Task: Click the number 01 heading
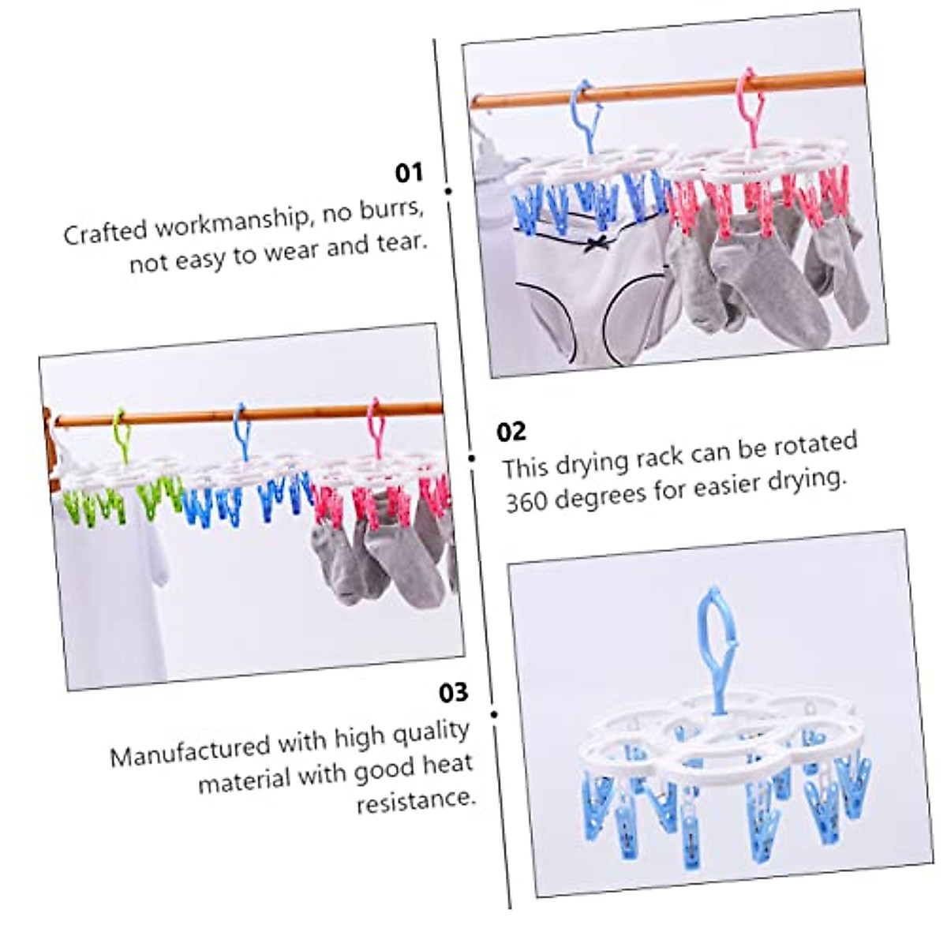tap(409, 173)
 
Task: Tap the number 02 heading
tap(511, 432)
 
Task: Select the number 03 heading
tap(454, 693)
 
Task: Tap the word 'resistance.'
tap(416, 801)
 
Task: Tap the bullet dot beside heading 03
tap(494, 714)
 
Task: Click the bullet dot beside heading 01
tap(449, 191)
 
